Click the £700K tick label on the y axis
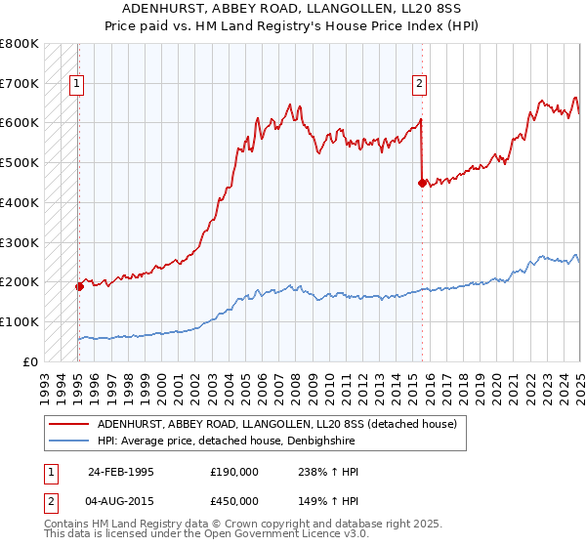[20, 83]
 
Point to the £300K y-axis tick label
[20, 242]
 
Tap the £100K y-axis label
[20, 321]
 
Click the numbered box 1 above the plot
[76, 84]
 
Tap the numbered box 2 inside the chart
[419, 84]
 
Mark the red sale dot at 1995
[78, 286]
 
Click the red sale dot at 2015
[422, 183]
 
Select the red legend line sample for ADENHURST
[68, 424]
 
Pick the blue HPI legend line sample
[68, 441]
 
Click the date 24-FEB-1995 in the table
[121, 472]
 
